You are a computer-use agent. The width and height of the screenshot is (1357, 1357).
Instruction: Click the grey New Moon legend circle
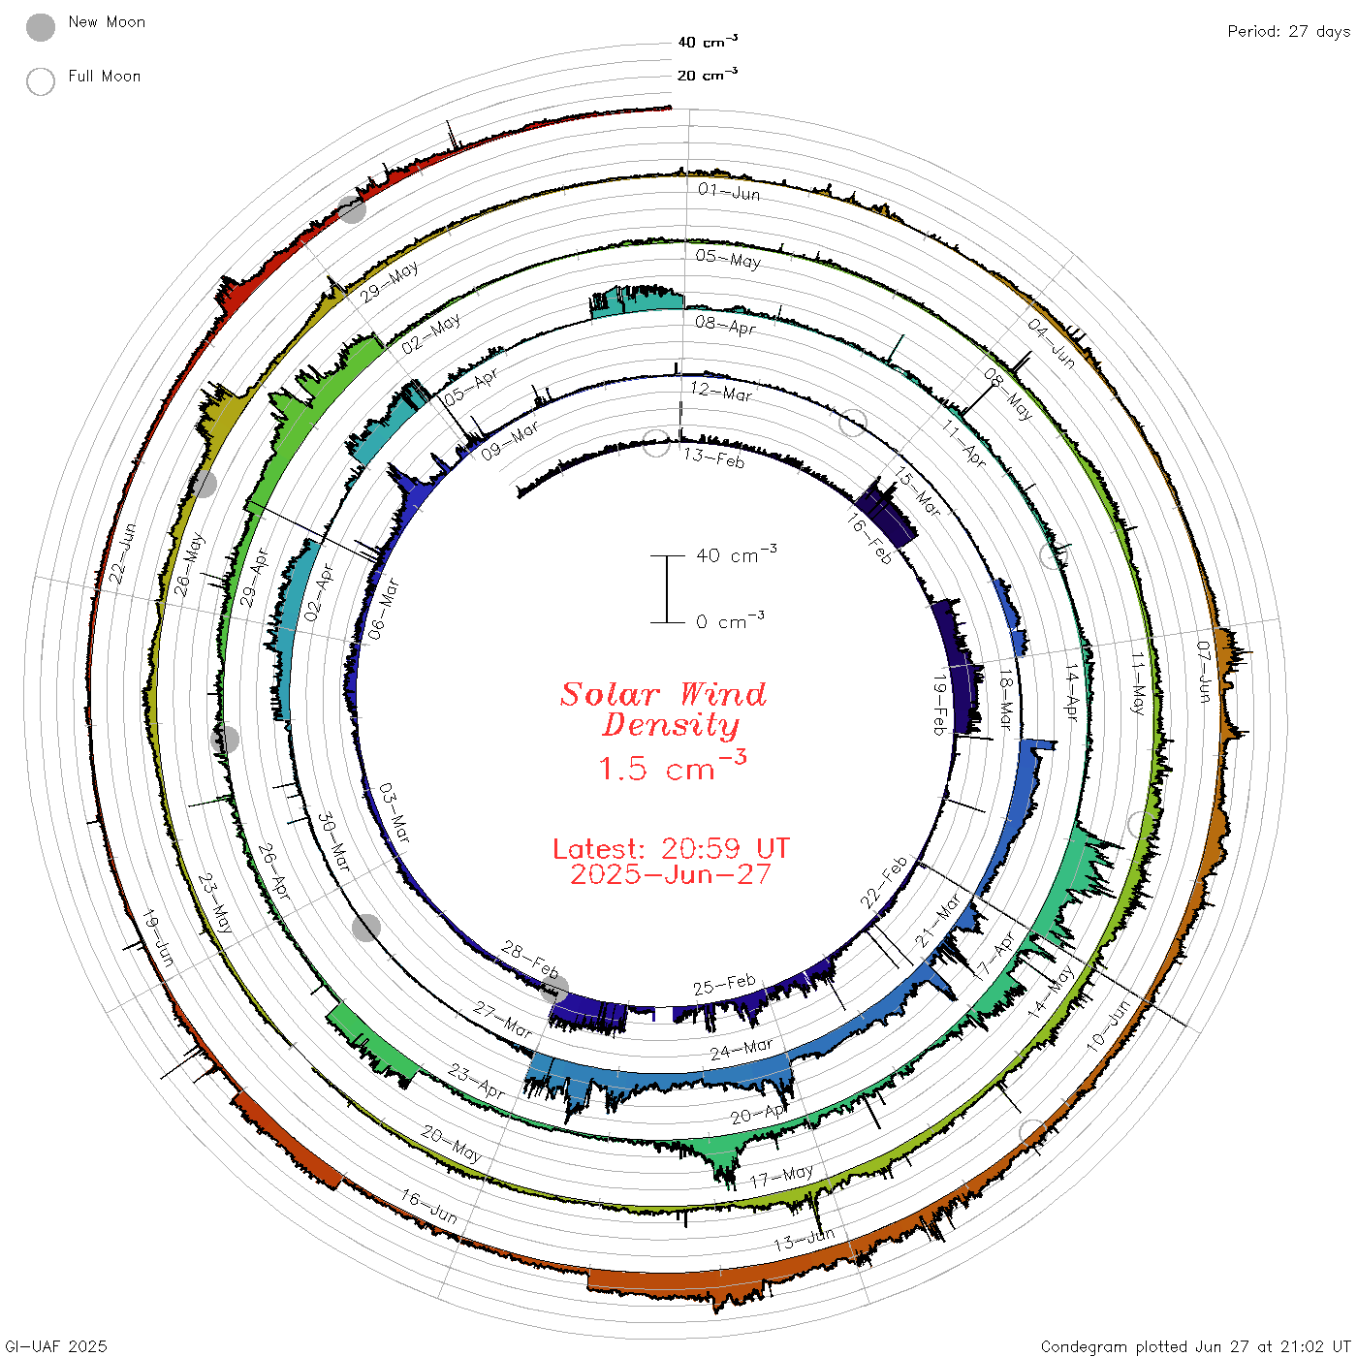coord(40,27)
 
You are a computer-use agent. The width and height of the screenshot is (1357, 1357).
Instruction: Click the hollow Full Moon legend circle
coord(40,81)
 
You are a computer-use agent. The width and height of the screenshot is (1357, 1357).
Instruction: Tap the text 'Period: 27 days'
coord(1288,32)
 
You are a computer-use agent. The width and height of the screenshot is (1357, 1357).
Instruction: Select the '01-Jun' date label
coord(729,192)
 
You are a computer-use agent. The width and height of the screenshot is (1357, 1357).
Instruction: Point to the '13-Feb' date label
coord(713,458)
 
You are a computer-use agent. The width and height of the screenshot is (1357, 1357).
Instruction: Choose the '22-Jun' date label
coord(122,553)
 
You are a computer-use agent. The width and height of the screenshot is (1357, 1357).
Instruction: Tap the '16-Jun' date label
coord(428,1207)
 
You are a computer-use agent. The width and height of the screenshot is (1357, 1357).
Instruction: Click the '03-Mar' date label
coord(394,812)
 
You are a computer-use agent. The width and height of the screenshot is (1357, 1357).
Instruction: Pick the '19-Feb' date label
coord(939,705)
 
